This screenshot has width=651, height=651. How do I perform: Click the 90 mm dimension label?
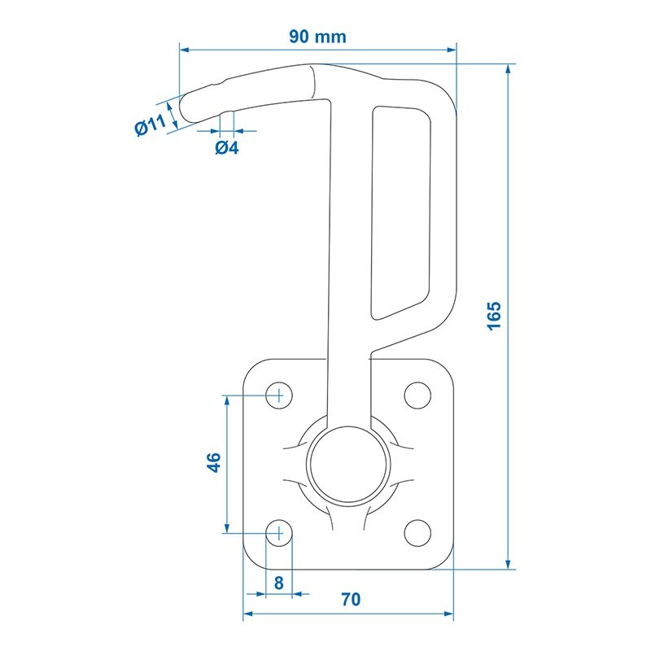click(317, 37)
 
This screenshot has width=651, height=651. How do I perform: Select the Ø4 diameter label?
click(227, 147)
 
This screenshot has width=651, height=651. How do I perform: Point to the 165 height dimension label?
click(494, 316)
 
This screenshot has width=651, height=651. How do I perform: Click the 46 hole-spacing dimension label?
click(214, 462)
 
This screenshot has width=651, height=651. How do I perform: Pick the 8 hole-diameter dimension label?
click(278, 583)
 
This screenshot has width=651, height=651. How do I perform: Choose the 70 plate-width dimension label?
click(351, 600)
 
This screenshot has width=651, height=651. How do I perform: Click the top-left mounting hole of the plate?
click(279, 395)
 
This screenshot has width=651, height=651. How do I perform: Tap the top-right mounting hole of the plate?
click(417, 395)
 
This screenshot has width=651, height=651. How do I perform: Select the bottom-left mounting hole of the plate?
click(279, 533)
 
